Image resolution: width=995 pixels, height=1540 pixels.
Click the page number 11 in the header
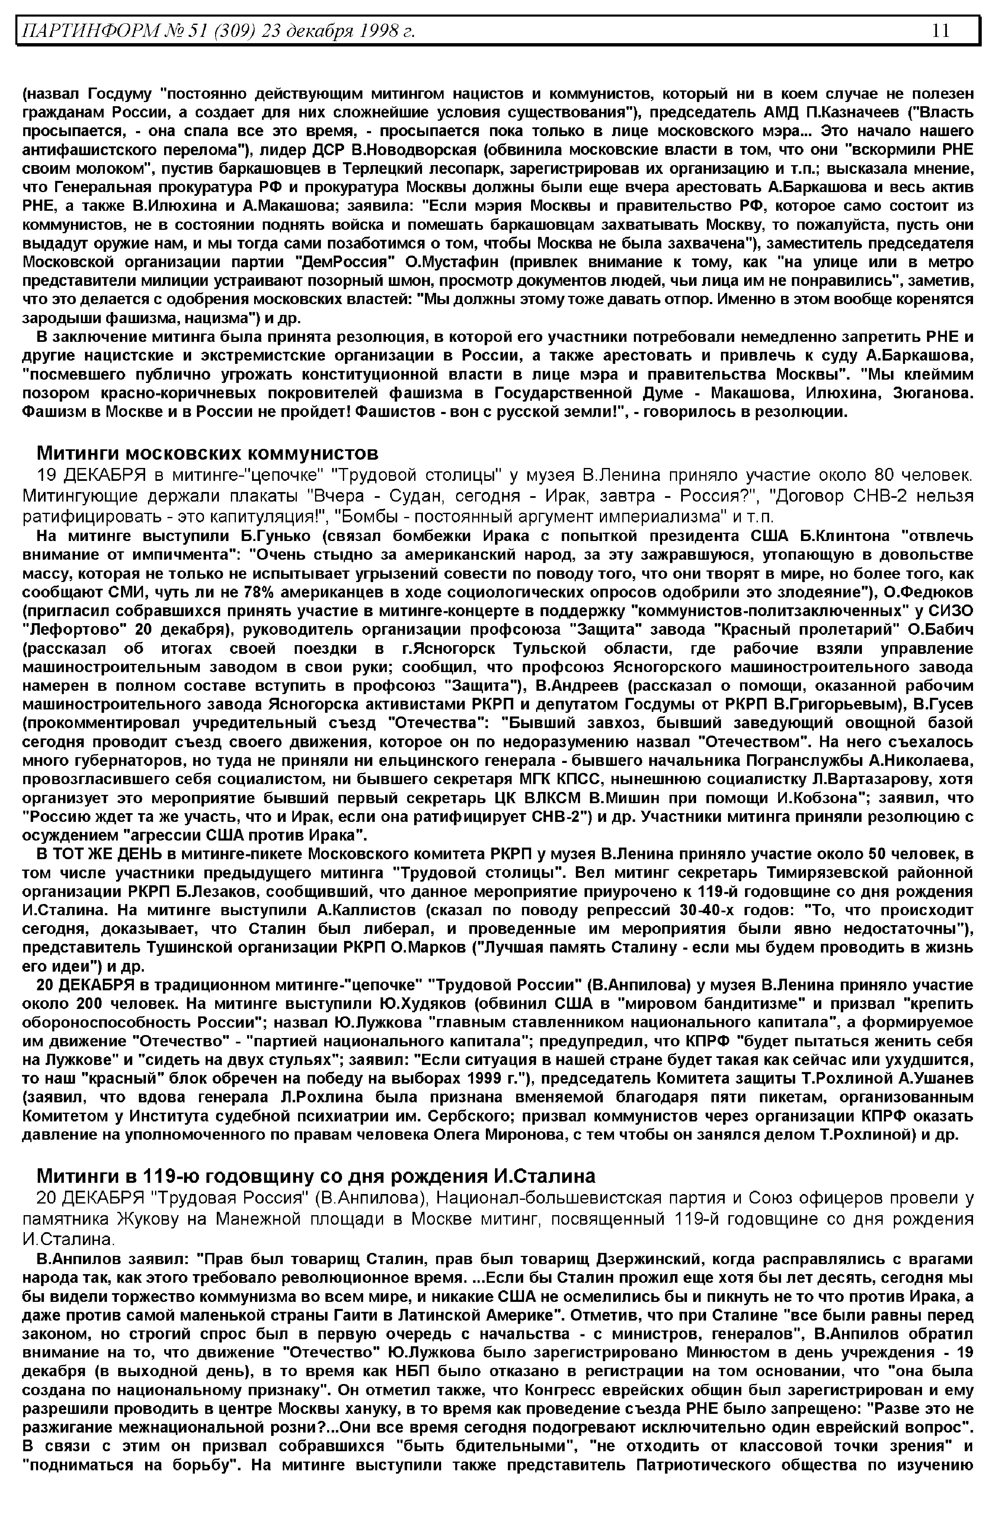pos(941,30)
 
